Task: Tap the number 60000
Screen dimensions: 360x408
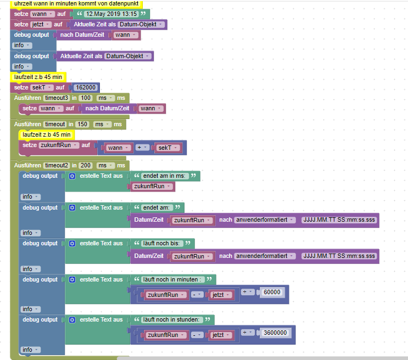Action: coord(272,291)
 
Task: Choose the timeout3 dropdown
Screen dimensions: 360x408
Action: coord(57,98)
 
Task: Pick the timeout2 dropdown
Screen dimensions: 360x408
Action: coord(57,165)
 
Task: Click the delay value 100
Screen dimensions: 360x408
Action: coord(85,98)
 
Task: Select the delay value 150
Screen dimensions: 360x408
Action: coord(83,125)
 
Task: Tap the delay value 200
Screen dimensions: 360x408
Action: coord(85,165)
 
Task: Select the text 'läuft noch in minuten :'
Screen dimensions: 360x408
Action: coord(173,279)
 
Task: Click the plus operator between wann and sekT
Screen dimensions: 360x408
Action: coord(142,148)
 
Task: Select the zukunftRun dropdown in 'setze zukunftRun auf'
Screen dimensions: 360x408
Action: coord(59,145)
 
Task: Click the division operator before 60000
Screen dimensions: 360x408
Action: coord(248,291)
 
